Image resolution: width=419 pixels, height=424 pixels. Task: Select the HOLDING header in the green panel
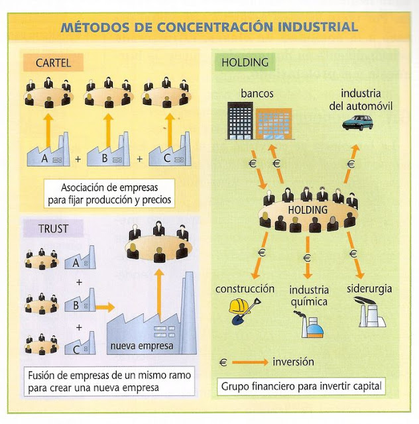(245, 63)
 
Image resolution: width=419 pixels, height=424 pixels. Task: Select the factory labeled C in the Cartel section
(168, 152)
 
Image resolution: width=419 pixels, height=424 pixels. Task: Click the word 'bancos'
(258, 93)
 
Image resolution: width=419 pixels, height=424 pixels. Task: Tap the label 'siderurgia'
(369, 289)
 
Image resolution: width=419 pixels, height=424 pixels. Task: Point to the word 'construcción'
(245, 289)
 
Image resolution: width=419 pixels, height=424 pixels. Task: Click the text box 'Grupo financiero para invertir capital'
(302, 386)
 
